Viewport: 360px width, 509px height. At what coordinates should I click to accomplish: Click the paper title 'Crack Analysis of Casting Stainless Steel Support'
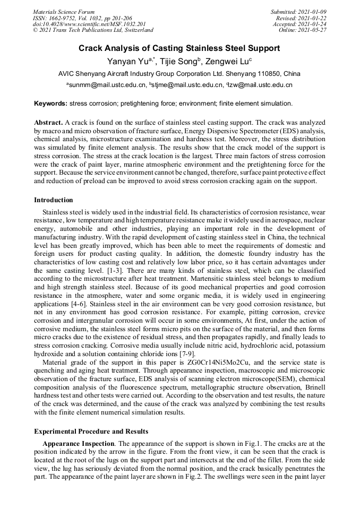pyautogui.click(x=179, y=48)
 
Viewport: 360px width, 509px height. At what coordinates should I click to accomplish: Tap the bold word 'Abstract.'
pyautogui.click(x=49, y=122)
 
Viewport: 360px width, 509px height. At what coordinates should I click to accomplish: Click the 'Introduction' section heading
pyautogui.click(x=54, y=200)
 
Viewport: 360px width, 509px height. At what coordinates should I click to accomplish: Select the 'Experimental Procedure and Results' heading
pyautogui.click(x=91, y=431)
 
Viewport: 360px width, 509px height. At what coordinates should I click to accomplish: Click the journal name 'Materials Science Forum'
pyautogui.click(x=64, y=12)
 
